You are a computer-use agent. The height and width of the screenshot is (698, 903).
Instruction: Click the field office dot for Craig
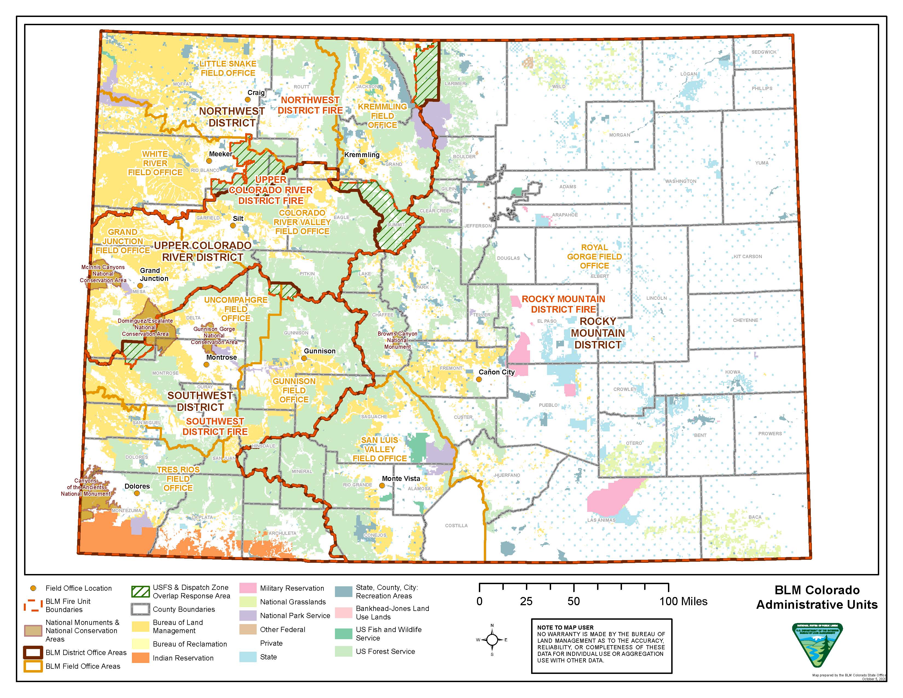pos(248,100)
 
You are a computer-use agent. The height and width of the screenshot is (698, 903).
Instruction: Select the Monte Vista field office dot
pos(382,486)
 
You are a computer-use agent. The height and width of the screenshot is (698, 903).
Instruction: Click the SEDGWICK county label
pos(764,52)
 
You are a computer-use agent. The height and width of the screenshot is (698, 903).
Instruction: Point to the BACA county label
pos(755,517)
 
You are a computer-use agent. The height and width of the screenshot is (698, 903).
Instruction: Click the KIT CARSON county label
pos(748,256)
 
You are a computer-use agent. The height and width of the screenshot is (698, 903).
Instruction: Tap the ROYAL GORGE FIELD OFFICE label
pos(594,256)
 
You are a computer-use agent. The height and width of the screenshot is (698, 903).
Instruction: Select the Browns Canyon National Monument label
pos(397,340)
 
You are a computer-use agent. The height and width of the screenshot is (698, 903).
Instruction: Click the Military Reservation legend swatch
pos(248,588)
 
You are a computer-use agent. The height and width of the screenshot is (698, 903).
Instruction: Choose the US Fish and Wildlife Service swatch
pos(343,633)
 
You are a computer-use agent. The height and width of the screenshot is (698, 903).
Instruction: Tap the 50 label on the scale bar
pos(574,601)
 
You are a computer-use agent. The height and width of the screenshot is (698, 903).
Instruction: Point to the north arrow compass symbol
pos(492,640)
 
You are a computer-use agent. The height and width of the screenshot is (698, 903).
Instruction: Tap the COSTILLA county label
pos(456,526)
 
